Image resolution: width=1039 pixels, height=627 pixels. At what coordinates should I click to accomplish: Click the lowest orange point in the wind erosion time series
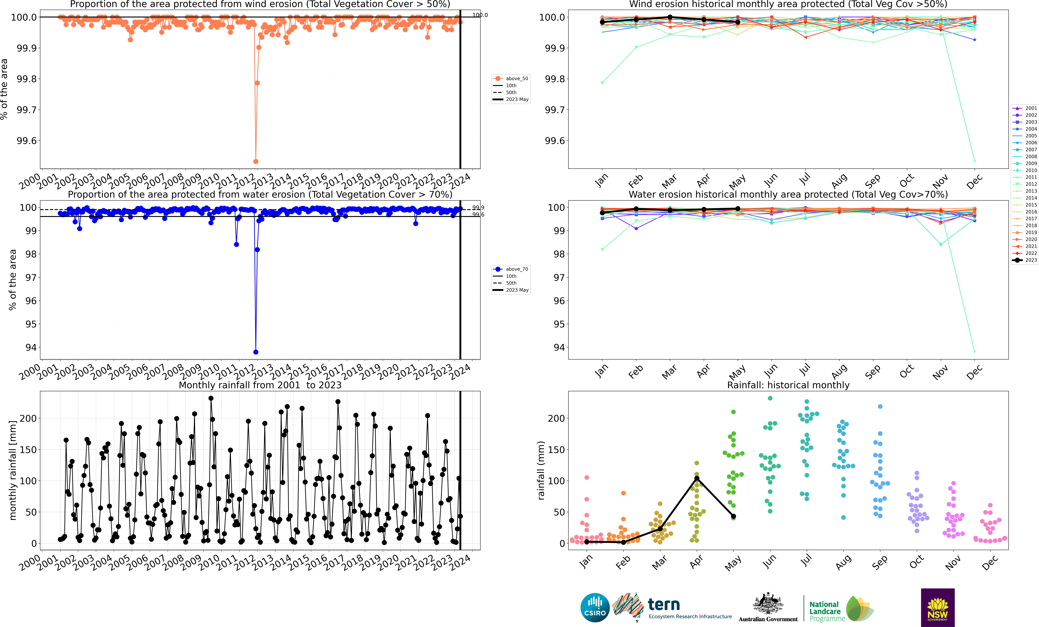(256, 161)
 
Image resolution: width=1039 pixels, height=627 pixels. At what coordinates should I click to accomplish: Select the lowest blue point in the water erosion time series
(256, 352)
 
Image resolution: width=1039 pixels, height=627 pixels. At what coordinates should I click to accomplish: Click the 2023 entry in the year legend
(1025, 260)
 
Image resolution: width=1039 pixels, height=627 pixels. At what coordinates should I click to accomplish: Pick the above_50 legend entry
(511, 78)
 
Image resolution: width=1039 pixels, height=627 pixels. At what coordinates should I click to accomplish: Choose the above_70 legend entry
(511, 269)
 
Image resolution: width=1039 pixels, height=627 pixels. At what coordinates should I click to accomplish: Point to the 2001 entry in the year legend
(1025, 108)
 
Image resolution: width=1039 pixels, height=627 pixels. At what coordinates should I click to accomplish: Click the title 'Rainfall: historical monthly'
(788, 385)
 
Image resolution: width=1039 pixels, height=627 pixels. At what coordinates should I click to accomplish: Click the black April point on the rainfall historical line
(697, 478)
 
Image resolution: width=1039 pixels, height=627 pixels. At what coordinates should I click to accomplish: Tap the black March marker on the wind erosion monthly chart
(670, 17)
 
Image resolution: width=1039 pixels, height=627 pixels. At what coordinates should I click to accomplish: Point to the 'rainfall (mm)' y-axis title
(541, 470)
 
